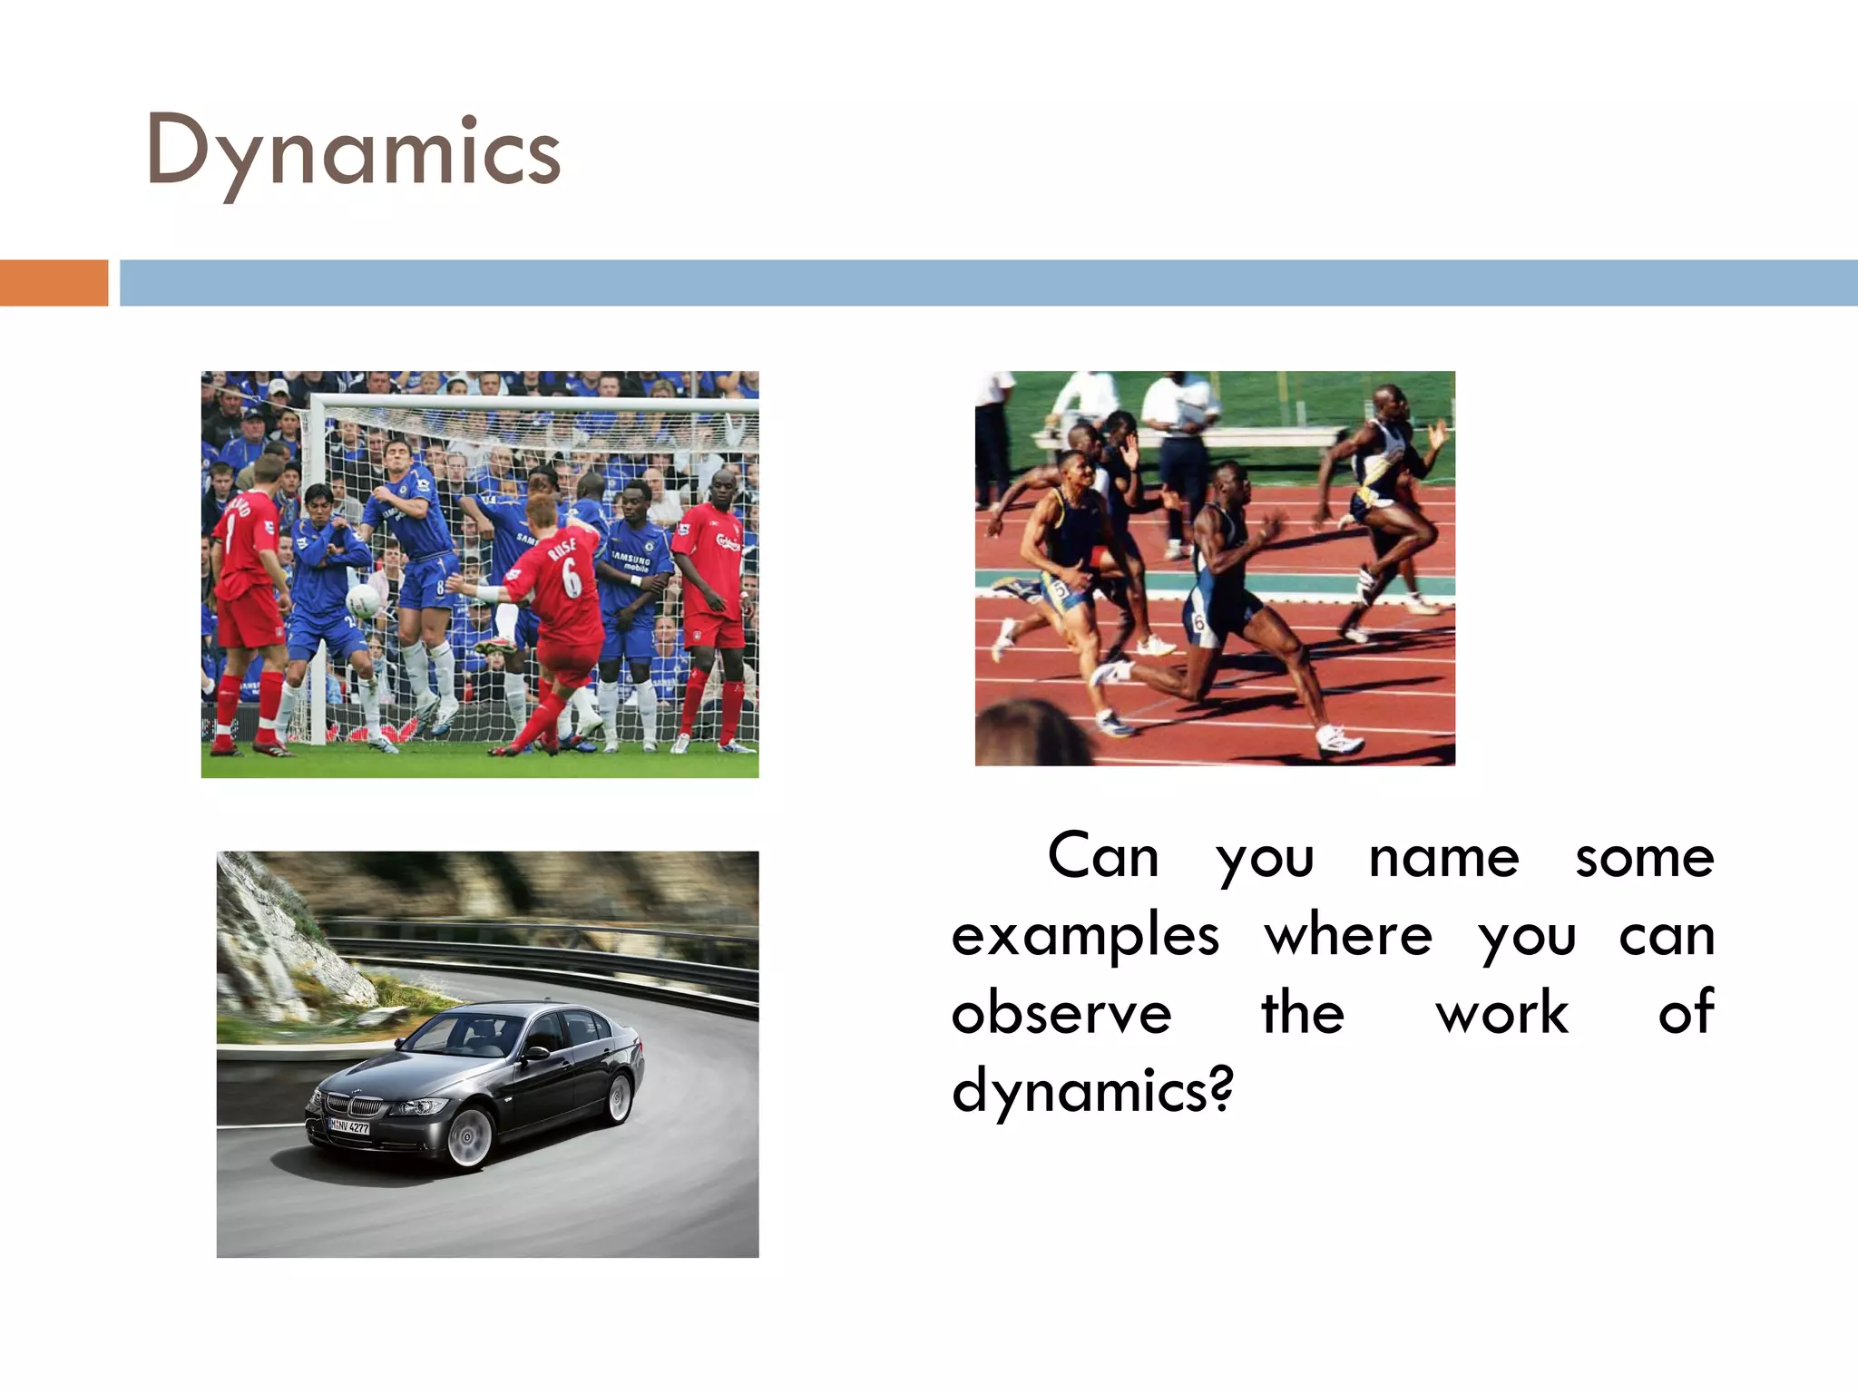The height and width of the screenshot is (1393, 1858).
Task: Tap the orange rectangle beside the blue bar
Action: pos(54,282)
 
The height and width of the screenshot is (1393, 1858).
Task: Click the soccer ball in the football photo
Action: pos(364,600)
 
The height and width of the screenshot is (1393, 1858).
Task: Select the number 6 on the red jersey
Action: pos(571,577)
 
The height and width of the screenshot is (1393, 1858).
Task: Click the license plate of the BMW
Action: pos(349,1126)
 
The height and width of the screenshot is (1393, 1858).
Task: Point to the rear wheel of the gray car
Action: pos(620,1097)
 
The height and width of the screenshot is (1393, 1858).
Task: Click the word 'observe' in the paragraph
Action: pos(1061,1014)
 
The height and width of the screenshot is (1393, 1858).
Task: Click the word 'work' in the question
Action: pos(1501,1014)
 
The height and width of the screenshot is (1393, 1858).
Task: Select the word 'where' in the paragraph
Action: pos(1348,936)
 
